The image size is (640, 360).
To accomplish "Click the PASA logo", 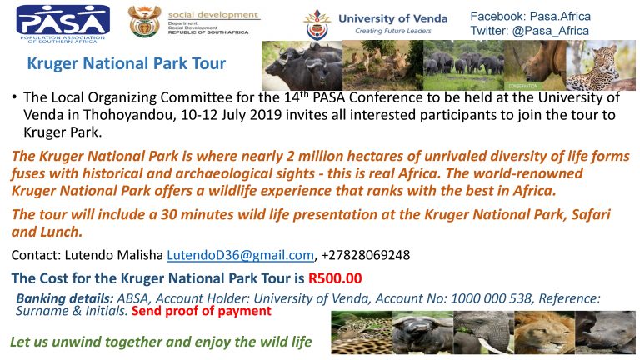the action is [x=62, y=24].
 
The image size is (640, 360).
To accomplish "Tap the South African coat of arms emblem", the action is [x=144, y=22].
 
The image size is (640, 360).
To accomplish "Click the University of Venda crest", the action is [x=317, y=25].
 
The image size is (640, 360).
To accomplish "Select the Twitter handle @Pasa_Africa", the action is [x=550, y=31].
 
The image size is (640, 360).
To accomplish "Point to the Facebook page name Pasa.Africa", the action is [x=560, y=17].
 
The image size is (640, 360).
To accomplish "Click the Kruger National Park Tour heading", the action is [x=127, y=63].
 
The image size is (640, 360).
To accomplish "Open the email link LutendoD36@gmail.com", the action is [x=240, y=255].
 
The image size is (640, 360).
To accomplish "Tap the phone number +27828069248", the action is [x=365, y=255].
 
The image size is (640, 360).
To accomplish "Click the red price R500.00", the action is [x=335, y=278].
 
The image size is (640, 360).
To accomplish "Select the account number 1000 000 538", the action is [x=491, y=298].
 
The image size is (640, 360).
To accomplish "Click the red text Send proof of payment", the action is [x=201, y=311].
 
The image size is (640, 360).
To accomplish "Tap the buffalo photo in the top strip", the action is [x=302, y=65].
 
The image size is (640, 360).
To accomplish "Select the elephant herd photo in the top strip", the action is [x=463, y=65].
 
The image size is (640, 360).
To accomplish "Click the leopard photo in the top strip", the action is [x=601, y=65].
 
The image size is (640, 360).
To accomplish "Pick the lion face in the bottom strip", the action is [x=544, y=332].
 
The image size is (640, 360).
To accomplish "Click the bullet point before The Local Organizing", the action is [x=14, y=97].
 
